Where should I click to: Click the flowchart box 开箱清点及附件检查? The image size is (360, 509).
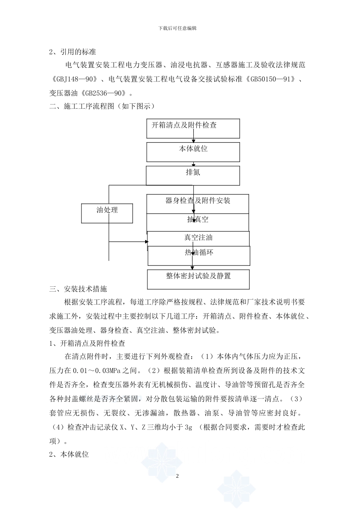(x=193, y=128)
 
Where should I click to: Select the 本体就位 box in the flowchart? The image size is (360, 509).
(x=193, y=152)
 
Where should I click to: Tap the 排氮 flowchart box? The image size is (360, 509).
(x=193, y=176)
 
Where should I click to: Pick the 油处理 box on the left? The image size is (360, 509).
(x=107, y=213)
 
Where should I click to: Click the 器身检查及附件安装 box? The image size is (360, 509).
(x=198, y=204)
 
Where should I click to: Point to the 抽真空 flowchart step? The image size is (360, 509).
(x=198, y=222)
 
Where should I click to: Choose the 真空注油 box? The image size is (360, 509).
(x=198, y=238)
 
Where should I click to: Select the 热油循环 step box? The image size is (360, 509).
(x=199, y=256)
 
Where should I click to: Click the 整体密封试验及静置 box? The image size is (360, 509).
(x=198, y=279)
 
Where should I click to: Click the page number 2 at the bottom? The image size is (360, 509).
(x=177, y=476)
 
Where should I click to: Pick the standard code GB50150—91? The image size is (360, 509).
(x=271, y=80)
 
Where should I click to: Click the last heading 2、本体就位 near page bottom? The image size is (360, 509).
(x=69, y=454)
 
